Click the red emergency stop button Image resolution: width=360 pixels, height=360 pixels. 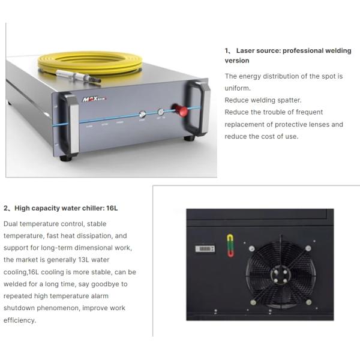(178, 110)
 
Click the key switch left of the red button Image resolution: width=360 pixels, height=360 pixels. (160, 112)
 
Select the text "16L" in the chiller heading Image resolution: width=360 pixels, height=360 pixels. (112, 208)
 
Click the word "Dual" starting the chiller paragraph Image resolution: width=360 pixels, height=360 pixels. (11, 224)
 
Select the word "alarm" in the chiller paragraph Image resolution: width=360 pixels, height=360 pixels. (100, 296)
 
